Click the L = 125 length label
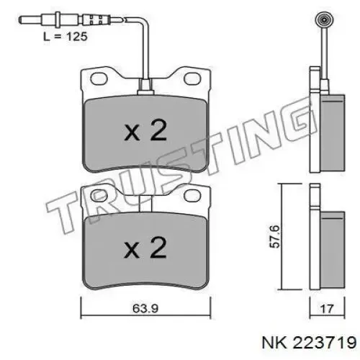point(66,37)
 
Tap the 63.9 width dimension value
point(145,308)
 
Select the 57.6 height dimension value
point(275,236)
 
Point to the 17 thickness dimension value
point(327,309)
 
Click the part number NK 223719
point(310,343)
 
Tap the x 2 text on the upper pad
point(145,130)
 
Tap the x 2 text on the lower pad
point(145,248)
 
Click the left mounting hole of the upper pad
point(99,78)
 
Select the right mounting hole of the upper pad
point(192,78)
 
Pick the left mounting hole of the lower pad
point(99,195)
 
